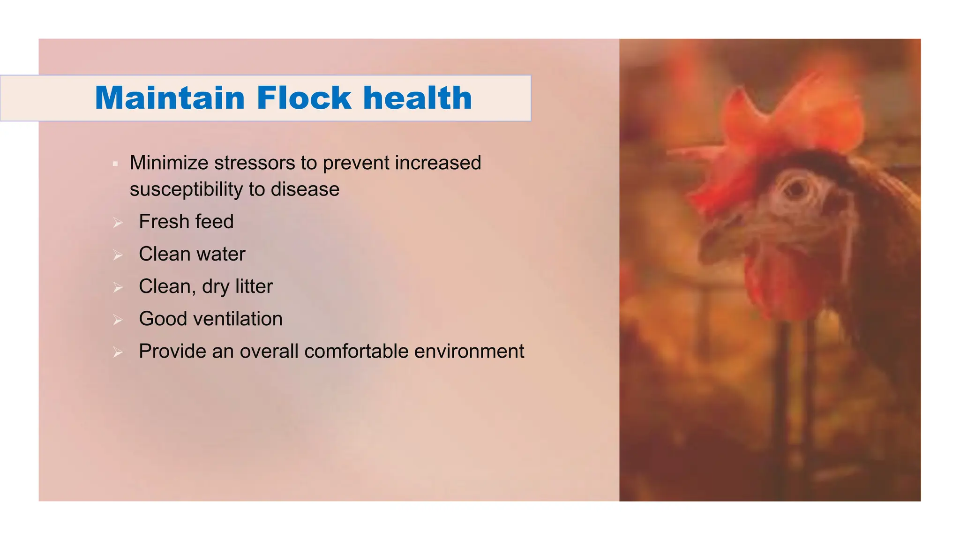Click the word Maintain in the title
(x=170, y=98)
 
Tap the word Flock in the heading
(x=304, y=98)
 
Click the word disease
(x=305, y=189)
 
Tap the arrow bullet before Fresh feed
(x=118, y=223)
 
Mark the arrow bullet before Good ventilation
(x=118, y=320)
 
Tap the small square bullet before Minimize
(x=115, y=164)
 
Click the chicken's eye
(x=795, y=189)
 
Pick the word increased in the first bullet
(x=438, y=163)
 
